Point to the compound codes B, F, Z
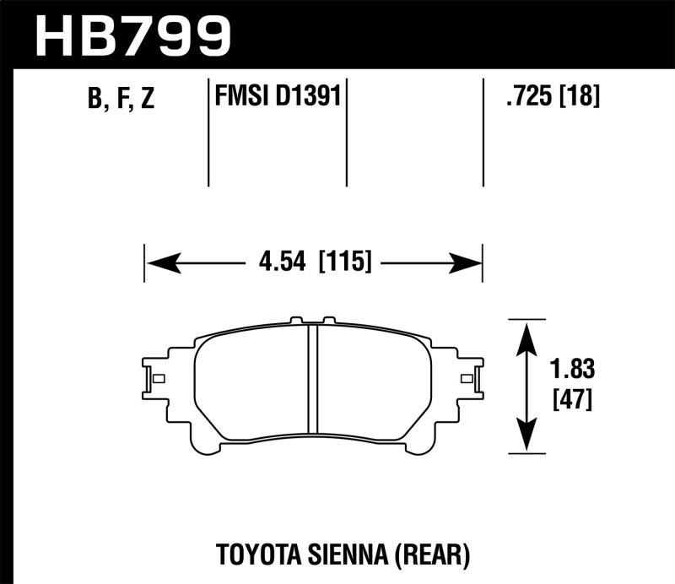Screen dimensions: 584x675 [121, 100]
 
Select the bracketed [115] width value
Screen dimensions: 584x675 [345, 262]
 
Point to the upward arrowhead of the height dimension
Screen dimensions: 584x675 [526, 334]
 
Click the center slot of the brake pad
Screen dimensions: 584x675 [311, 381]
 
